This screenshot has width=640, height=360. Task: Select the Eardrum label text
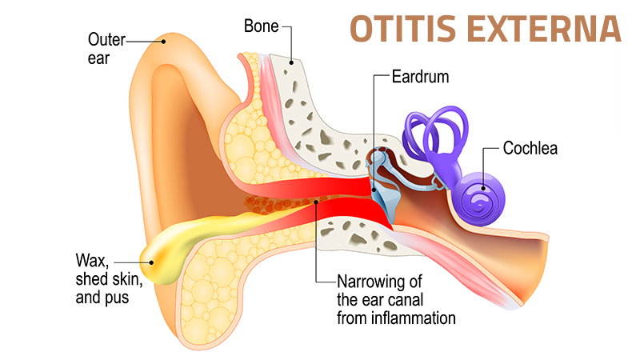tap(419, 78)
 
